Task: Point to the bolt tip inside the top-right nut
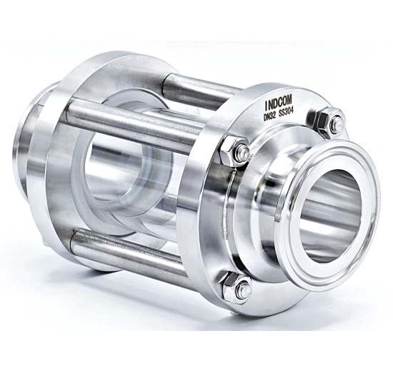click(336, 125)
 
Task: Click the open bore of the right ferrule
click(336, 214)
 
